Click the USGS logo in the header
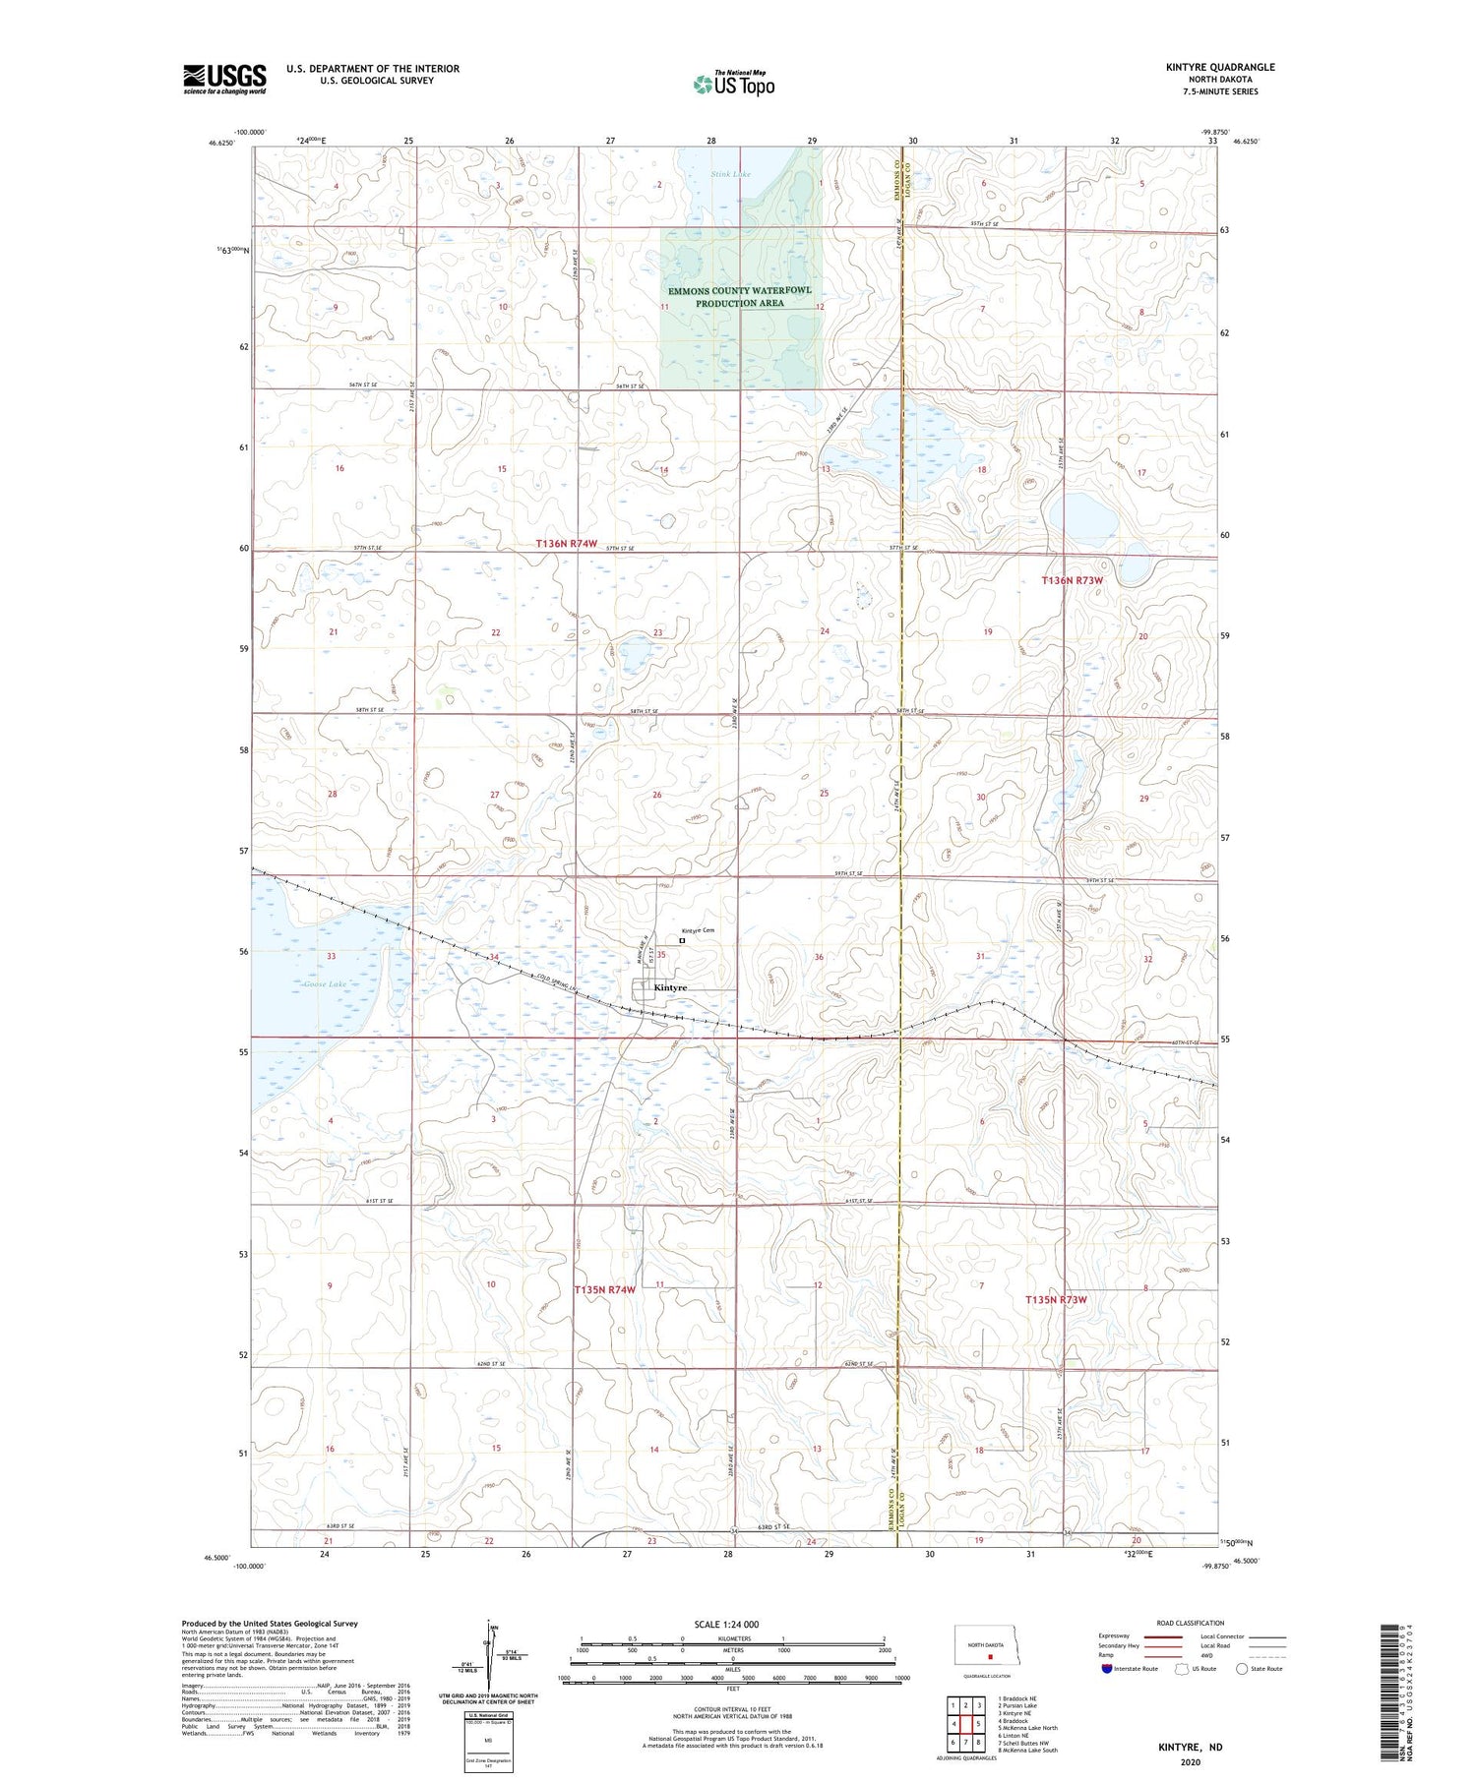point(224,79)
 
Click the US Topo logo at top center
point(733,84)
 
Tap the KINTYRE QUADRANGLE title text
point(1219,67)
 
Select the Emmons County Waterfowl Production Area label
point(739,297)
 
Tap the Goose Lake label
point(325,983)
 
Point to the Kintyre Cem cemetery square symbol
point(682,940)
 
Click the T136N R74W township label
point(567,544)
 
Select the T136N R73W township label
point(1073,580)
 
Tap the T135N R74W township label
point(604,1289)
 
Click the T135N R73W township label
point(1056,1299)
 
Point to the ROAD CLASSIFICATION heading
point(1191,1623)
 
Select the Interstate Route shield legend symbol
point(1109,1669)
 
